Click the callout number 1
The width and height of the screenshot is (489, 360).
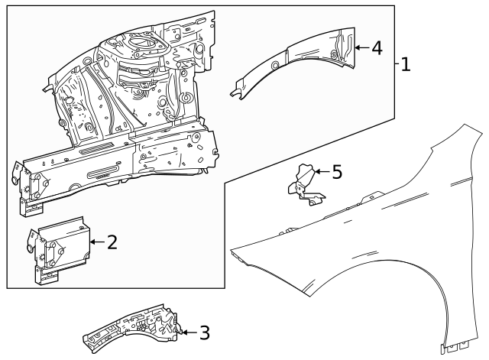tap(405, 64)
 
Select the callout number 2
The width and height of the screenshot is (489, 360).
tap(112, 243)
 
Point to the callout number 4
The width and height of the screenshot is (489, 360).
tap(376, 47)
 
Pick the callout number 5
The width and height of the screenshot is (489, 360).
tap(336, 171)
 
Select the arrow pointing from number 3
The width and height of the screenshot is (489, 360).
tap(188, 332)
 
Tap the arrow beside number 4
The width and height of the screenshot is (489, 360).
tap(361, 47)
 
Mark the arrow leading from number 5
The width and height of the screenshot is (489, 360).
tap(321, 171)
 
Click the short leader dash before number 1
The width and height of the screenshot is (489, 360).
tap(397, 64)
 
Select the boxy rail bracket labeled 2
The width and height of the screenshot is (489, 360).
tap(57, 248)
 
